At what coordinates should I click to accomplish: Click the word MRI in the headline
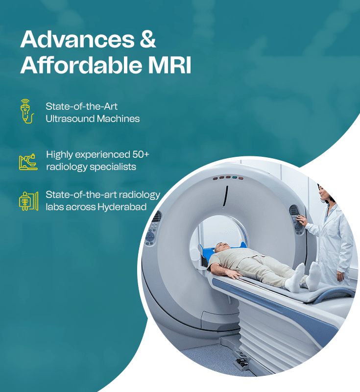(174, 66)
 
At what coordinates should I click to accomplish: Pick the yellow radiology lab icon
(28, 201)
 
